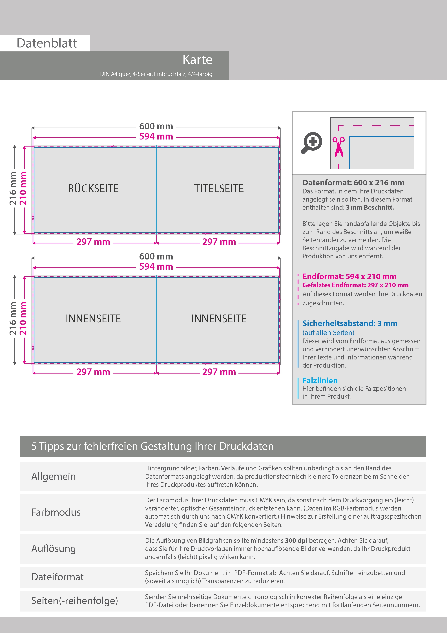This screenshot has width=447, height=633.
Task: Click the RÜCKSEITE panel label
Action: point(93,189)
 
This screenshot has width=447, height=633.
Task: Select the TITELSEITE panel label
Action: point(219,189)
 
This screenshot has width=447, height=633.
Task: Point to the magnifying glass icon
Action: point(311,143)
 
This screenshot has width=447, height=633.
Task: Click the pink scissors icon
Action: point(338,147)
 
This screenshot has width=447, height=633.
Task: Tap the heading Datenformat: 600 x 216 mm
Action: point(353,182)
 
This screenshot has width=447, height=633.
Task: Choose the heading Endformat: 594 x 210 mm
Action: point(349,276)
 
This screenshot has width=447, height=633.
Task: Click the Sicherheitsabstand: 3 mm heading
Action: point(350,323)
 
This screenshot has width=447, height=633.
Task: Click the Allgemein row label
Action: point(53,476)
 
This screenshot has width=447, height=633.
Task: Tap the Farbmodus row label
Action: point(56,512)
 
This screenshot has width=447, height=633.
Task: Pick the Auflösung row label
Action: point(53,548)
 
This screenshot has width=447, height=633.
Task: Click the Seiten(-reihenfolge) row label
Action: point(74,601)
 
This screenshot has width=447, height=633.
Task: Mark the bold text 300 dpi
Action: point(296,540)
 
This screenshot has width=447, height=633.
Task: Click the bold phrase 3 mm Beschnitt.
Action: point(370,207)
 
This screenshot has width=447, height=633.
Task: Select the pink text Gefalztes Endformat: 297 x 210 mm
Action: point(355,285)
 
